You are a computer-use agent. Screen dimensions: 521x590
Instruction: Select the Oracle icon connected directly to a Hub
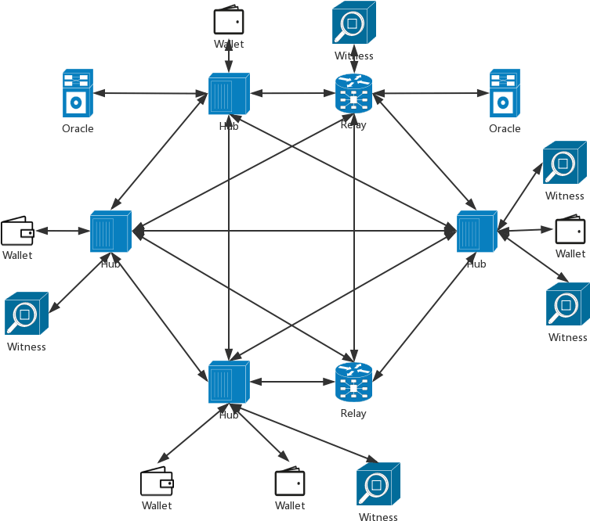tap(78, 92)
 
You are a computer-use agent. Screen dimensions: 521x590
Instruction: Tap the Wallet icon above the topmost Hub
tap(229, 20)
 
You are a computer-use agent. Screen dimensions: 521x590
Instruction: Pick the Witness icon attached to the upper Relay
tap(353, 23)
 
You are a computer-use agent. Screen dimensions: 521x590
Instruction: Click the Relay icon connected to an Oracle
tap(354, 94)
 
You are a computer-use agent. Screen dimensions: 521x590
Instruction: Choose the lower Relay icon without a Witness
tap(354, 383)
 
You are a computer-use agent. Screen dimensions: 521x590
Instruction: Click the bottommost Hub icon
tap(229, 383)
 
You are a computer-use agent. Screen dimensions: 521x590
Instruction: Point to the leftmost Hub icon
tap(110, 232)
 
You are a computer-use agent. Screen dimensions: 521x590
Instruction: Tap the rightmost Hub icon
tap(477, 232)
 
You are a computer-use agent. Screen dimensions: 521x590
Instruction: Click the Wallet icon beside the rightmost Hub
tap(570, 230)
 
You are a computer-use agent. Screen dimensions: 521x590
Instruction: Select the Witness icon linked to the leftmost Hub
tap(27, 314)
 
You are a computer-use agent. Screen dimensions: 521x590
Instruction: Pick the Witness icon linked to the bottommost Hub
tap(378, 486)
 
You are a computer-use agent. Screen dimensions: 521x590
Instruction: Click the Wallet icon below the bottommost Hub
tap(290, 483)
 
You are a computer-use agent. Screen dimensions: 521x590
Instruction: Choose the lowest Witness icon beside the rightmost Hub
tap(568, 306)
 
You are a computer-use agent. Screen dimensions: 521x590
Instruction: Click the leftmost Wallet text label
tap(17, 255)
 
